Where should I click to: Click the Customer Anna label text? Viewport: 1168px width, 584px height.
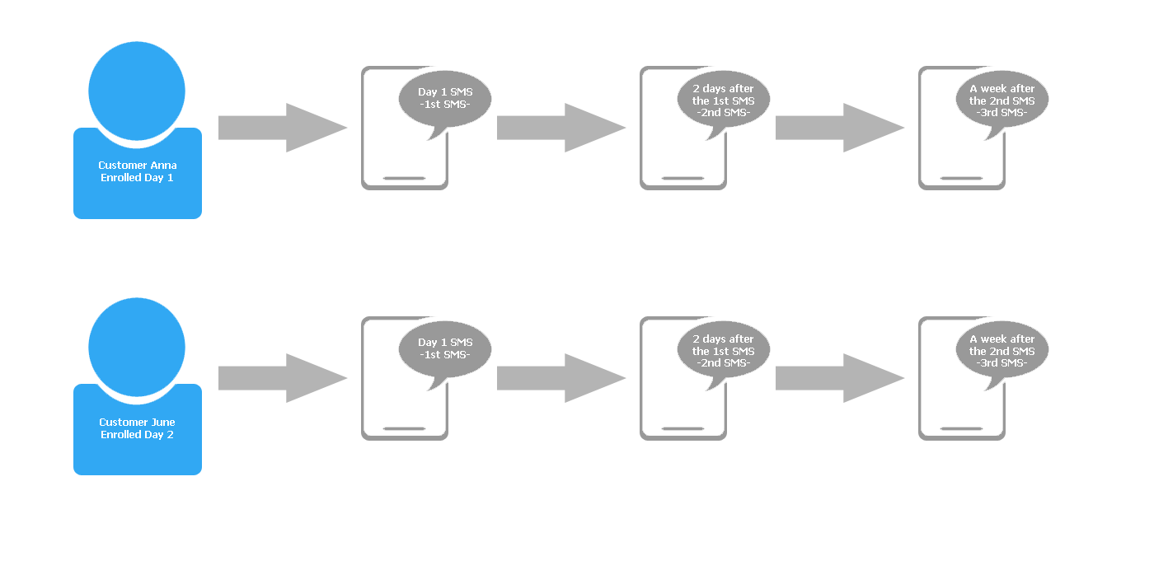coord(138,171)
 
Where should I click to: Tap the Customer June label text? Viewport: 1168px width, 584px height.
coord(137,428)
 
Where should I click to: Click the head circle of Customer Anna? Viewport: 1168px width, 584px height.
coord(137,91)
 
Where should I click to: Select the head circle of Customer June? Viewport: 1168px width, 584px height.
coord(137,347)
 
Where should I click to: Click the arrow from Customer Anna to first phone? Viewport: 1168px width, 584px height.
coord(283,128)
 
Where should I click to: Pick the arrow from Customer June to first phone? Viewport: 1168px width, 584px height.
coord(283,378)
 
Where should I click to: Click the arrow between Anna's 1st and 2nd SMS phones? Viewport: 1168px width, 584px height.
coord(561,128)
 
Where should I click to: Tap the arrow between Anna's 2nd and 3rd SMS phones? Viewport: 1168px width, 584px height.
coord(840,128)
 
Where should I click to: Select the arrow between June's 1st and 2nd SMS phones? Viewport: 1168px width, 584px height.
coord(561,378)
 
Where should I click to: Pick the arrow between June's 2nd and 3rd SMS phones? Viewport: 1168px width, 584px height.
coord(840,378)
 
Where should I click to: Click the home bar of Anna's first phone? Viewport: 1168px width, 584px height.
coord(404,178)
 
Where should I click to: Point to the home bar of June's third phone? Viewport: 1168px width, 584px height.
coord(961,429)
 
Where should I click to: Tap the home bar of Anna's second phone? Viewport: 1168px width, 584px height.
coord(683,178)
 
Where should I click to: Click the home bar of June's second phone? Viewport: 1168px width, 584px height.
coord(683,429)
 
